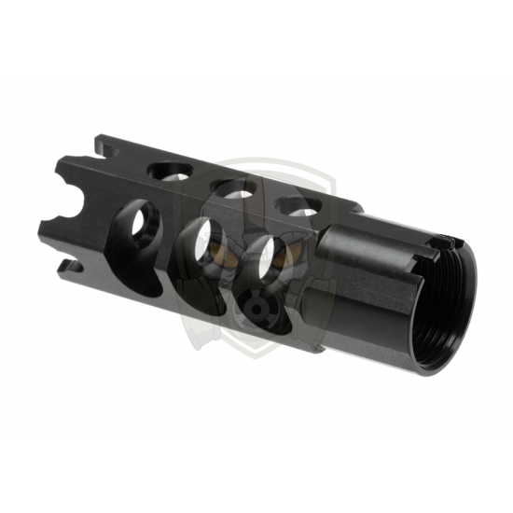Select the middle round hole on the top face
(x=234, y=189)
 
